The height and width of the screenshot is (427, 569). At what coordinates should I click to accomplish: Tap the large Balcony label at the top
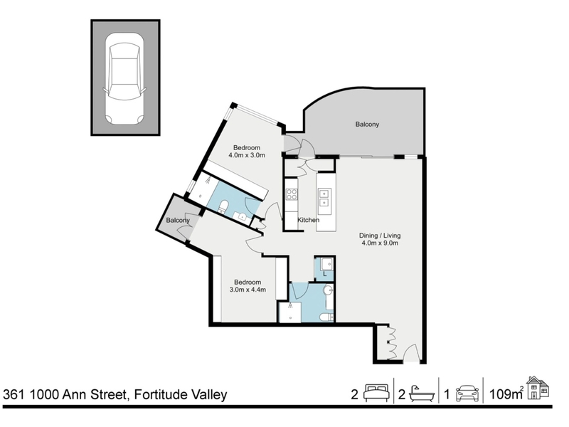(367, 124)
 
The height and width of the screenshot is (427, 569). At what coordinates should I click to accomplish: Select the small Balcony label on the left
(178, 221)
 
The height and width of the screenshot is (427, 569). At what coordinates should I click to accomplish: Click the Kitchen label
(309, 220)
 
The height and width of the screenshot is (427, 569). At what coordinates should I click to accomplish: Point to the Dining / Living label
(380, 236)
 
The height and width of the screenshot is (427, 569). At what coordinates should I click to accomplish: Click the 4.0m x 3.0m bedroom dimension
(247, 155)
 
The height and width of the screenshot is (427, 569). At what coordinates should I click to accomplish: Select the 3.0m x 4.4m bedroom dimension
(248, 290)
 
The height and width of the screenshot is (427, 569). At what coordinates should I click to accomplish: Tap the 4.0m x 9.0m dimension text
(380, 243)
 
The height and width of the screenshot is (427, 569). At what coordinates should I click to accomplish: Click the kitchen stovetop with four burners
(292, 194)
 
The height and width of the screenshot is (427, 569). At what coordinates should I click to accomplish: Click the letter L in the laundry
(325, 274)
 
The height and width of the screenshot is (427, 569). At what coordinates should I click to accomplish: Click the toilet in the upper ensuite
(223, 206)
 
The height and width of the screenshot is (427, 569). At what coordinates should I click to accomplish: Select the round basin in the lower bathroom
(329, 290)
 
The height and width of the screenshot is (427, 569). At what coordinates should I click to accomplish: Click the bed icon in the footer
(376, 394)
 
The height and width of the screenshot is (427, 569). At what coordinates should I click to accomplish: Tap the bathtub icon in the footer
(422, 394)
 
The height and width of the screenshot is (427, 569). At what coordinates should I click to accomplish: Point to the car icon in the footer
(467, 394)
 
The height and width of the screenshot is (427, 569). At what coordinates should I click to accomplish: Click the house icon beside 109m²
(538, 388)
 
